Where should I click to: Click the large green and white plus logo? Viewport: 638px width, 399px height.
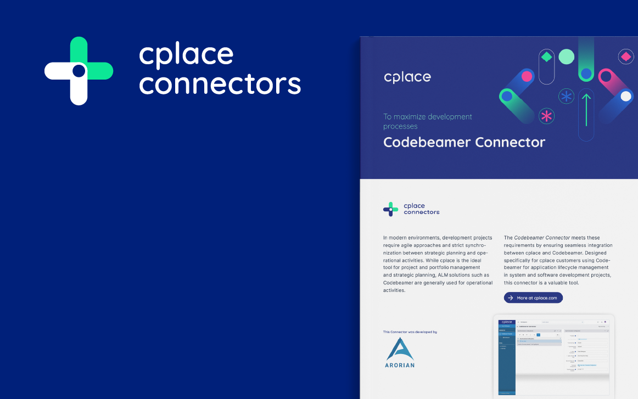pyautogui.click(x=79, y=71)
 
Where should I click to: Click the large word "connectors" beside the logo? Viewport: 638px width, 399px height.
pyautogui.click(x=220, y=84)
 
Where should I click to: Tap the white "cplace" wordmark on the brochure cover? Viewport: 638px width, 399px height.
pyautogui.click(x=407, y=77)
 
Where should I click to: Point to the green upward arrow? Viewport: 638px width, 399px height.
pyautogui.click(x=586, y=109)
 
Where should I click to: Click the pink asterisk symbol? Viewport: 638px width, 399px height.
pyautogui.click(x=546, y=116)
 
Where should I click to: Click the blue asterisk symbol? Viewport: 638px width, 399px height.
pyautogui.click(x=566, y=97)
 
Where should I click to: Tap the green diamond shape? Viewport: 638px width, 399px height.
pyautogui.click(x=546, y=57)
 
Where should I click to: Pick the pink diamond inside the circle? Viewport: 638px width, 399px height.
pyautogui.click(x=626, y=56)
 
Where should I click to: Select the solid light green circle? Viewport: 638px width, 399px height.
pyautogui.click(x=566, y=57)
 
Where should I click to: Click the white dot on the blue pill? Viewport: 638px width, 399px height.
pyautogui.click(x=626, y=96)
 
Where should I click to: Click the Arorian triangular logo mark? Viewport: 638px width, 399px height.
pyautogui.click(x=399, y=349)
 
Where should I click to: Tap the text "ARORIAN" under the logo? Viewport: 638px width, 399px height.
pyautogui.click(x=399, y=365)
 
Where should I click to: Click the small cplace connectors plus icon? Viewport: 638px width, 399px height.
pyautogui.click(x=390, y=209)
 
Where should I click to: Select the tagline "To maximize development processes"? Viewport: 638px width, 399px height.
pyautogui.click(x=427, y=121)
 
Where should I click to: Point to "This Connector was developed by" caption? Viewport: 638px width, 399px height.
pyautogui.click(x=410, y=332)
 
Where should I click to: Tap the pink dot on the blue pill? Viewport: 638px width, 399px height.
pyautogui.click(x=527, y=76)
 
